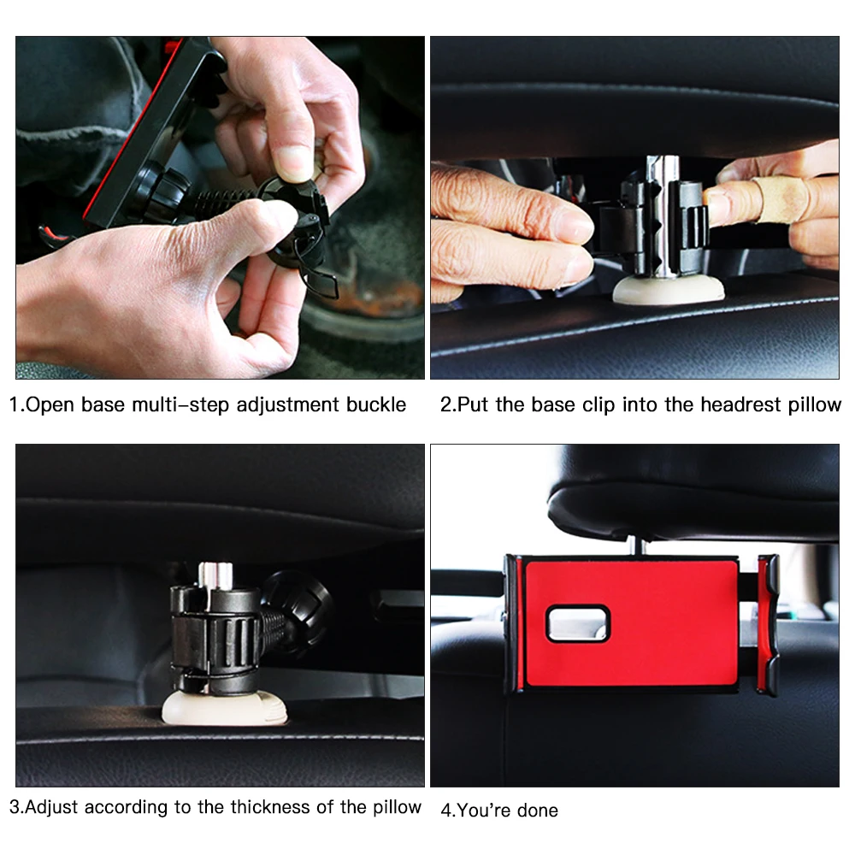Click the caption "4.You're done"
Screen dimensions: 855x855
click(x=499, y=810)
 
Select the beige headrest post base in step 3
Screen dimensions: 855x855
click(x=218, y=708)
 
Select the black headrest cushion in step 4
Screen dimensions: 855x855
click(x=693, y=492)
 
